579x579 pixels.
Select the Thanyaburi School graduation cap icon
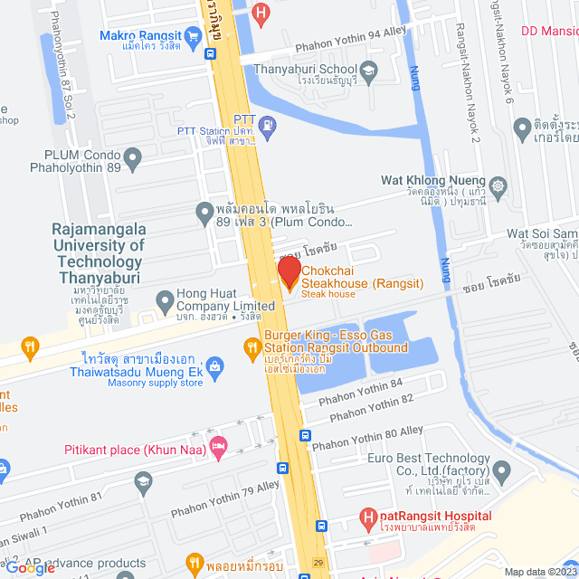[x=368, y=69]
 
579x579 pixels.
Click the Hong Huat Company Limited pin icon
[x=165, y=299]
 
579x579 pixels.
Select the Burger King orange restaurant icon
[x=252, y=346]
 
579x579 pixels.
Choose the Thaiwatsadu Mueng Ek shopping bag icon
[x=214, y=365]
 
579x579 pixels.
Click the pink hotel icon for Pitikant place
[x=217, y=445]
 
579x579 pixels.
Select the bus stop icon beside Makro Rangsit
[x=210, y=53]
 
